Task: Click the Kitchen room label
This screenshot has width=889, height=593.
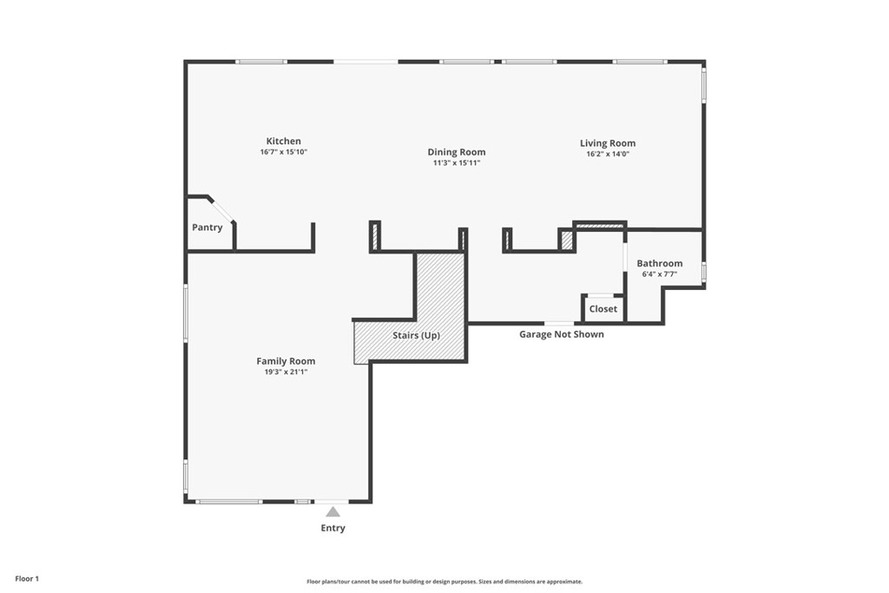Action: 284,142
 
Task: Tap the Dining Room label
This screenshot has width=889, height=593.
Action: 457,152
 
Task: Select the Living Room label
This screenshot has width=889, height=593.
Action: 608,143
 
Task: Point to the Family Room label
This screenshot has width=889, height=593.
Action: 286,361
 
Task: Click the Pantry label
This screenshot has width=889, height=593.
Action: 207,227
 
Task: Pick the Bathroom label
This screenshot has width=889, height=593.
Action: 660,263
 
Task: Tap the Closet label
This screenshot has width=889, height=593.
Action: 603,309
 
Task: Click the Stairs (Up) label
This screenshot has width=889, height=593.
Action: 416,336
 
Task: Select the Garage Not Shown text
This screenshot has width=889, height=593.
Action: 562,334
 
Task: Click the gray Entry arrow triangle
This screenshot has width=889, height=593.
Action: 333,512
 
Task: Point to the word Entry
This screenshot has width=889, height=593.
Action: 333,528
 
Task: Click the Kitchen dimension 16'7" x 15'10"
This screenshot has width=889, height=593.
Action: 284,152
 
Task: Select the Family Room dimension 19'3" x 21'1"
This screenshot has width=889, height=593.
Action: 286,372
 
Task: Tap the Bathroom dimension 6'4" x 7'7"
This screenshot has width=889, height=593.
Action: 660,273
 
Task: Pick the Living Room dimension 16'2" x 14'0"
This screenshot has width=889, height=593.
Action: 608,154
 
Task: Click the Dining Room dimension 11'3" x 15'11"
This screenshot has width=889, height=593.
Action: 457,162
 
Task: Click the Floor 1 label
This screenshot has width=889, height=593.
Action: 27,579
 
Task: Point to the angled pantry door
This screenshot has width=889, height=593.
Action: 222,210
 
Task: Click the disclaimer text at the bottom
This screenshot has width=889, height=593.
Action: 444,582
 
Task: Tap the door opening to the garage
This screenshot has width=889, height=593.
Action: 559,323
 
